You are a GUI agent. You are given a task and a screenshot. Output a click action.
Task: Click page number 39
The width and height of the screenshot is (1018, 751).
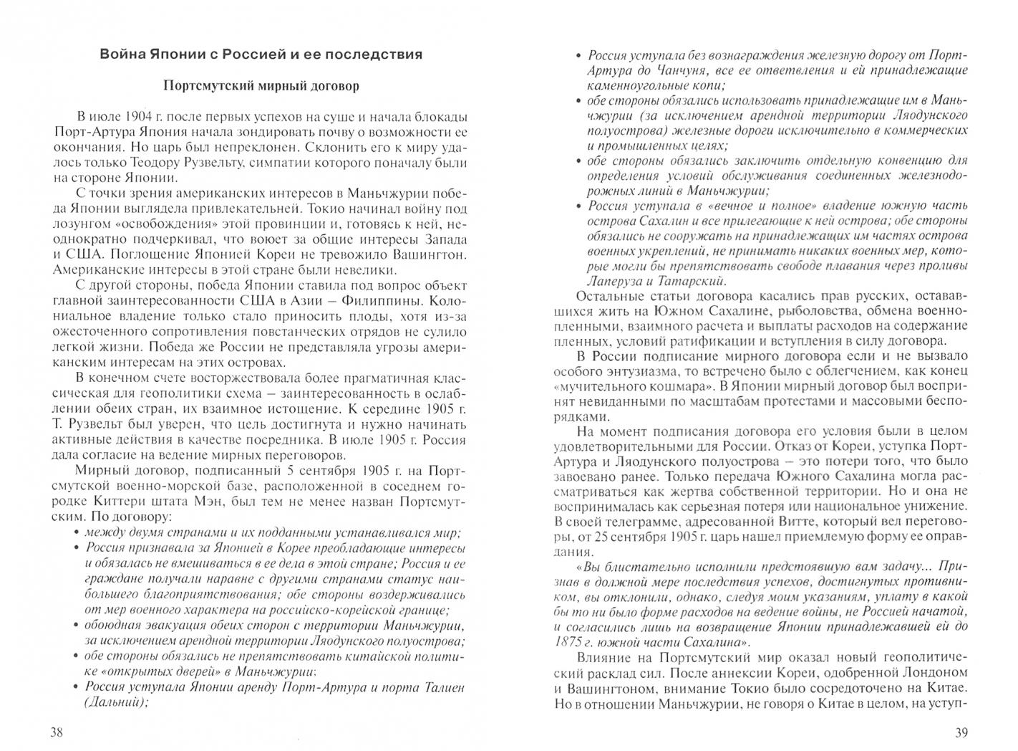coord(961,732)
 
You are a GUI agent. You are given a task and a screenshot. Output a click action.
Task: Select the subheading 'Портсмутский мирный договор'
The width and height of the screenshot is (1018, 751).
coord(261,86)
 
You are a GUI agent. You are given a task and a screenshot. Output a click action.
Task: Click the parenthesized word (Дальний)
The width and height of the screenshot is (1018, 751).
coord(117,702)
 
